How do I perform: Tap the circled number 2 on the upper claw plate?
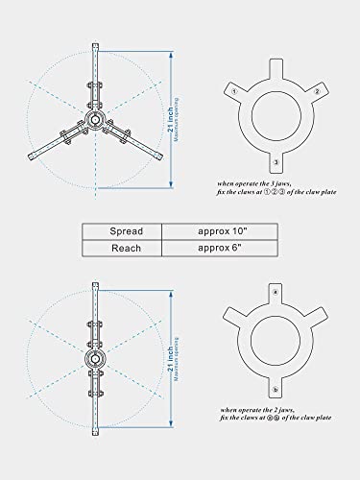(316, 91)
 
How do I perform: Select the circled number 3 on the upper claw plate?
(276, 160)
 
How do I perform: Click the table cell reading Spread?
(121, 230)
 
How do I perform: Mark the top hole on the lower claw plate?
(276, 290)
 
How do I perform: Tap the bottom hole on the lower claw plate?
(276, 389)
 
